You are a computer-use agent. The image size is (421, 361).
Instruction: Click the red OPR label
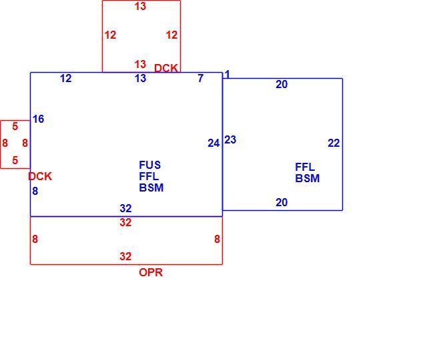click(x=151, y=272)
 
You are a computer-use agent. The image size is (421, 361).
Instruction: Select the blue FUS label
click(x=150, y=165)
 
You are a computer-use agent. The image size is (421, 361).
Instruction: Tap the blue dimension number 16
click(x=39, y=119)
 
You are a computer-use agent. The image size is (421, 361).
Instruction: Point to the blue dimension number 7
click(x=201, y=78)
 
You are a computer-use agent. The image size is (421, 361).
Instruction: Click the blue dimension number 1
click(x=227, y=75)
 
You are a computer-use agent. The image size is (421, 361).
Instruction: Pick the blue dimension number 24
click(x=214, y=143)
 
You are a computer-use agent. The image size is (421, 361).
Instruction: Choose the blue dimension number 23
click(x=230, y=139)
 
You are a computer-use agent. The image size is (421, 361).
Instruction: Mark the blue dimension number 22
click(x=334, y=143)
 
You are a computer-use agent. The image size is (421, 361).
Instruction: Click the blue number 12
click(x=66, y=79)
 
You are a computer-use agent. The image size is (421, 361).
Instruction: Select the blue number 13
click(x=140, y=79)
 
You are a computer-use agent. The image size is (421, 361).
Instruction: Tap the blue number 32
click(x=125, y=208)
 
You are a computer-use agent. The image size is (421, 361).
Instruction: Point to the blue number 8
click(x=35, y=191)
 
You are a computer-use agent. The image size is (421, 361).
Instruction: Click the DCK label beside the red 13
click(x=166, y=68)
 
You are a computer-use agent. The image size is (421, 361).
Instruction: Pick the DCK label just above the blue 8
click(x=40, y=176)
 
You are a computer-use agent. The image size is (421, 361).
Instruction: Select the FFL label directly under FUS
click(x=149, y=176)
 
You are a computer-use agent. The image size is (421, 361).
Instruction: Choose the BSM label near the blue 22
click(x=308, y=178)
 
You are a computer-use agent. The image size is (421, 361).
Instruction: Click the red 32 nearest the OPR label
click(x=125, y=256)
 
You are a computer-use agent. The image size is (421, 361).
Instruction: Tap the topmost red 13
click(x=140, y=6)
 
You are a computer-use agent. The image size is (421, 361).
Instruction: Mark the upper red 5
click(x=15, y=126)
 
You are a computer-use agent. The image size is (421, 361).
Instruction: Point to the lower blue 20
click(x=282, y=202)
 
